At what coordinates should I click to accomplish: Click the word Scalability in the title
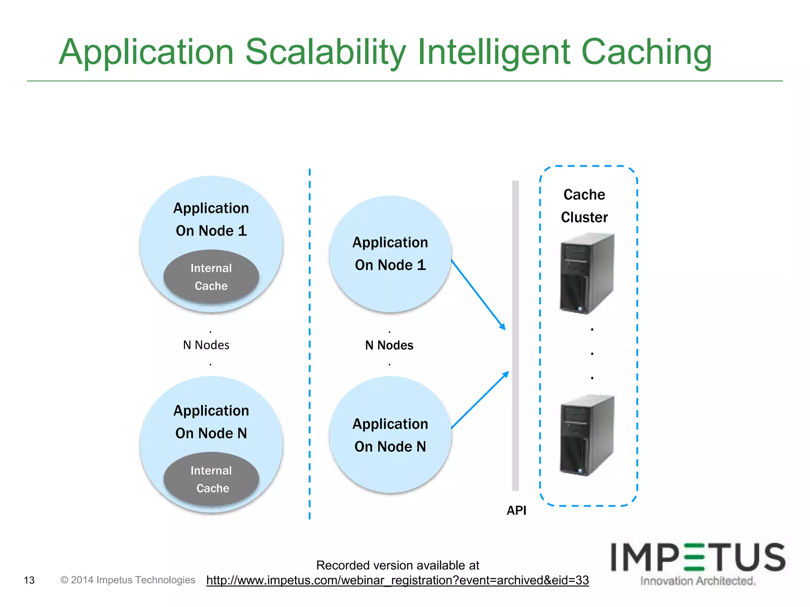(326, 52)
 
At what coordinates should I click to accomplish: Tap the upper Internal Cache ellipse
(211, 277)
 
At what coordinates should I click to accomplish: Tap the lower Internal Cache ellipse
(211, 479)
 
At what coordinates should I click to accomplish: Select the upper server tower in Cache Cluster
(587, 273)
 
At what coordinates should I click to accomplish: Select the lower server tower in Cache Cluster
(587, 435)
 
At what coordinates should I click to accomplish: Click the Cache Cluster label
(584, 206)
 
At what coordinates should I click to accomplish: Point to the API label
(516, 511)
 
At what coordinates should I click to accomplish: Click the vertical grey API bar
(515, 336)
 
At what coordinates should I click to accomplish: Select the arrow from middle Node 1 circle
(478, 295)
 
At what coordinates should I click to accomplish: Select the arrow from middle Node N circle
(480, 400)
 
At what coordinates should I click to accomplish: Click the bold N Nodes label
(389, 345)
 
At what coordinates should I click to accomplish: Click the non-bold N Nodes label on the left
(206, 345)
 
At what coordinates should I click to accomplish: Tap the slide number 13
(29, 580)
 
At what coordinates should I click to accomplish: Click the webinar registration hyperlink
(397, 580)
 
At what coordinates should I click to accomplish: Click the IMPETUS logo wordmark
(698, 557)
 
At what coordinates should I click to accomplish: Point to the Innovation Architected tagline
(698, 581)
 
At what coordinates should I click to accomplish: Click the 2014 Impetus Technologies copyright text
(128, 580)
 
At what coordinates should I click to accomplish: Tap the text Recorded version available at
(397, 565)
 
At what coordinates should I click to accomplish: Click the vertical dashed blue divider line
(309, 344)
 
